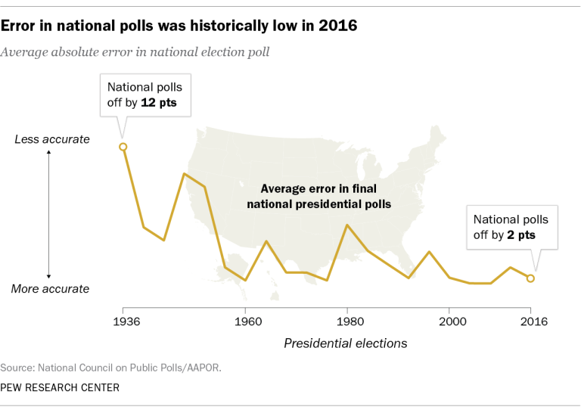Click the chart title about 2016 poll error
tap(179, 25)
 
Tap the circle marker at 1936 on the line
tap(123, 147)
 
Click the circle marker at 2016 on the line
tap(530, 278)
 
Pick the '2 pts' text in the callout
tap(521, 235)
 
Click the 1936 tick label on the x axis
tap(123, 321)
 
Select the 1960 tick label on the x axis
tap(245, 321)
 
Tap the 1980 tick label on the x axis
tap(347, 321)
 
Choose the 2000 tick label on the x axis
tap(449, 321)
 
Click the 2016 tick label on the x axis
tap(530, 321)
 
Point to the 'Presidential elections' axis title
tap(345, 343)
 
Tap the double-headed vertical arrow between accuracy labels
tap(49, 214)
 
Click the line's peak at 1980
tap(347, 225)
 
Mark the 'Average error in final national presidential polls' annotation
tap(318, 196)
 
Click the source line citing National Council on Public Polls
tap(111, 368)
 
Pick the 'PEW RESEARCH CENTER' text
tap(60, 387)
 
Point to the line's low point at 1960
tap(245, 281)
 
